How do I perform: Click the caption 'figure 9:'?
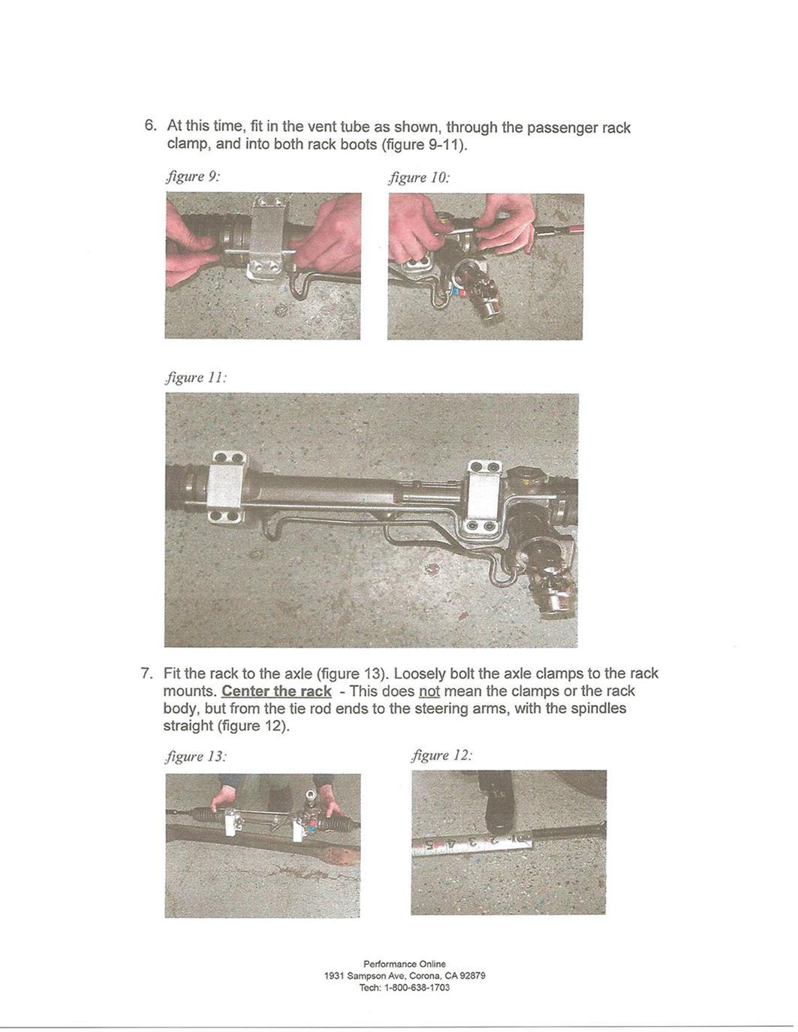192,177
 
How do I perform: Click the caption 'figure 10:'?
419,178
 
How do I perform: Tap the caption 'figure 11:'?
195,378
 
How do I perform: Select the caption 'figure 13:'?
195,757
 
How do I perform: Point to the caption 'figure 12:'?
442,756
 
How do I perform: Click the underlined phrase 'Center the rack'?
276,691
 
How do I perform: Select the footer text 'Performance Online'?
404,964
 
